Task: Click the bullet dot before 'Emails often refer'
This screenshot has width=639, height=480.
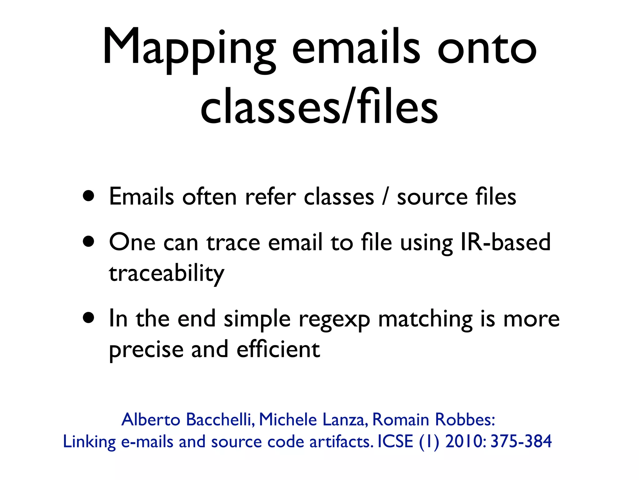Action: click(89, 197)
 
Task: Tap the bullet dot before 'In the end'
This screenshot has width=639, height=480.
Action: click(89, 318)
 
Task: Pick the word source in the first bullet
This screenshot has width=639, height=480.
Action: click(432, 197)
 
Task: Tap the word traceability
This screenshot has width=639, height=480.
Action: click(166, 273)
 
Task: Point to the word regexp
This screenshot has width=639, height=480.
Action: click(334, 319)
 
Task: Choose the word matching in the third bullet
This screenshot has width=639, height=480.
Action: click(425, 319)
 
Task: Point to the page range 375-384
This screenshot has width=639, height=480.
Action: click(521, 441)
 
